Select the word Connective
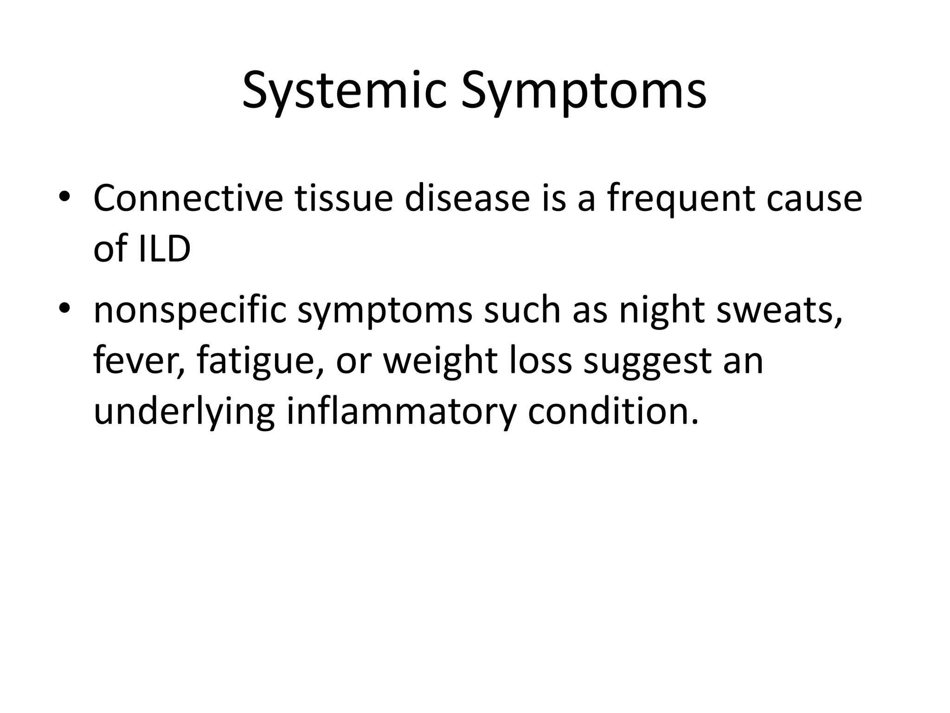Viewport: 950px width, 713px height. [x=188, y=198]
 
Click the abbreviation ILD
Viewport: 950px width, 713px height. [x=164, y=249]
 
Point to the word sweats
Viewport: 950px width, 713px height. [x=779, y=310]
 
